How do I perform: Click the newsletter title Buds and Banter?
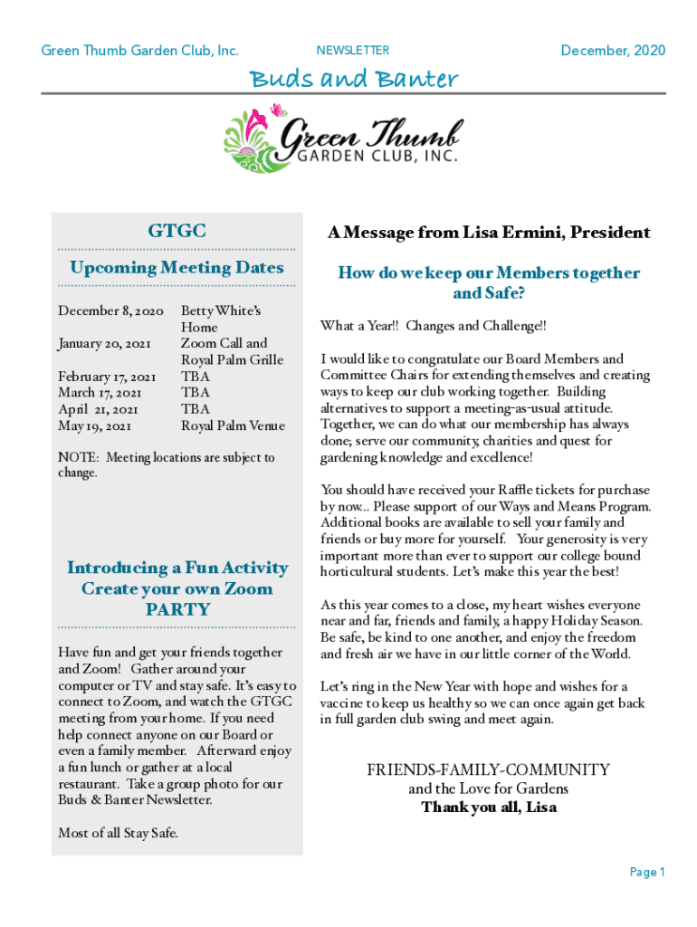point(354,80)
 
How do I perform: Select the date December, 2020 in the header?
point(613,51)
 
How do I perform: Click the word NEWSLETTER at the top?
point(353,51)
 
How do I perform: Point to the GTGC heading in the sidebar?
point(177,232)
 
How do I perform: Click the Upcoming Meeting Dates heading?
point(177,268)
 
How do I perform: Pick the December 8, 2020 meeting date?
point(110,311)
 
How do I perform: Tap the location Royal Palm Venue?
point(233,425)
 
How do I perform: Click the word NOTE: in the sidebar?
point(77,458)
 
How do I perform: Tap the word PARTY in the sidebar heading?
point(177,609)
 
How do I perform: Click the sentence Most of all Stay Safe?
point(118,833)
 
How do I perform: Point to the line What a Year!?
point(361,326)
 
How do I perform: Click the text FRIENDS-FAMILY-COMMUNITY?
point(488,770)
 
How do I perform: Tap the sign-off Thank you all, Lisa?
point(488,807)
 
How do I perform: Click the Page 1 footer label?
point(647,873)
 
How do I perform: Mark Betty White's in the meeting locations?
point(221,311)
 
